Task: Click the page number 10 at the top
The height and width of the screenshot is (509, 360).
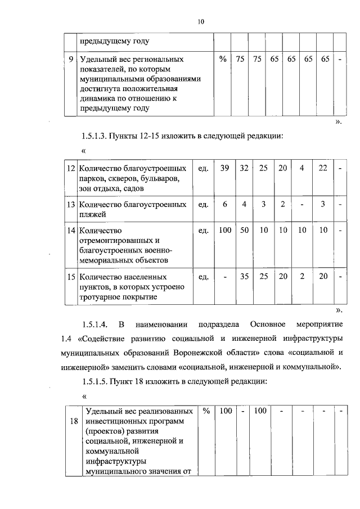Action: click(x=201, y=21)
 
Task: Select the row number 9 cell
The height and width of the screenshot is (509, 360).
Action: click(x=70, y=58)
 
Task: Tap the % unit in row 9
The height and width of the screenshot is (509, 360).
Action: click(x=223, y=58)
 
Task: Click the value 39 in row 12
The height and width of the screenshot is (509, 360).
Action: click(x=225, y=168)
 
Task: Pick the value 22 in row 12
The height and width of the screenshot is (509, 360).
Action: click(x=322, y=168)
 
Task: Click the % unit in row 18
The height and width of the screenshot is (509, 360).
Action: click(x=206, y=411)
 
